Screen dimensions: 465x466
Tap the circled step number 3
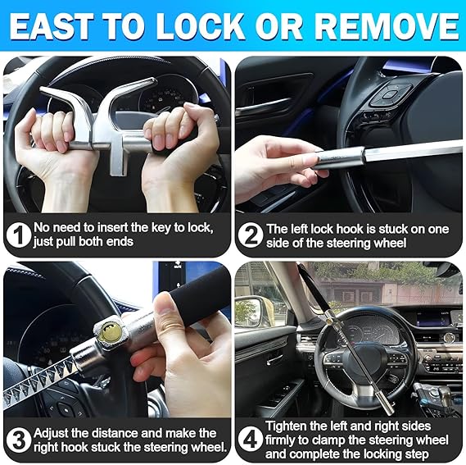(x=17, y=440)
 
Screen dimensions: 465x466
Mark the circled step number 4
(x=250, y=440)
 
